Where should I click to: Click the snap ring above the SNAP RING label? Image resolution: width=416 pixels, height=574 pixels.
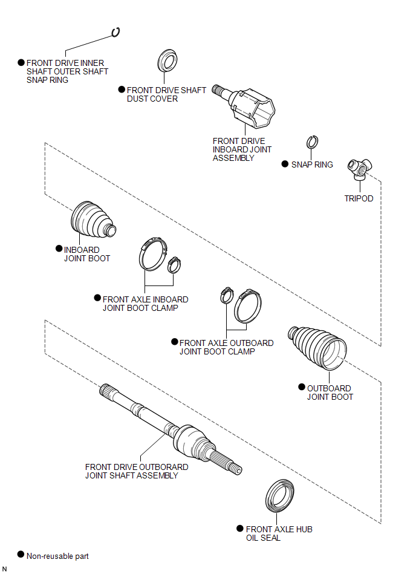coord(312,142)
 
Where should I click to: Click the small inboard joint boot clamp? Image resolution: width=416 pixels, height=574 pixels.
coord(174,264)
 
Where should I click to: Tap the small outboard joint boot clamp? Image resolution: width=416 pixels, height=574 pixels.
coord(226,295)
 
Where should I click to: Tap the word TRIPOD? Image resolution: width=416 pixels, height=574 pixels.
coord(359,198)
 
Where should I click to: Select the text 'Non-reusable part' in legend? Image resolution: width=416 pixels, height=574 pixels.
coord(57,556)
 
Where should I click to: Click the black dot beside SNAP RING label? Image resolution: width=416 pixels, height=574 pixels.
coord(285,163)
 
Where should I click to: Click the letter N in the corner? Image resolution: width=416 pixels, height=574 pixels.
coord(5,569)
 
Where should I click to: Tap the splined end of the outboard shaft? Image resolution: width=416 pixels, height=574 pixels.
coord(108,390)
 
